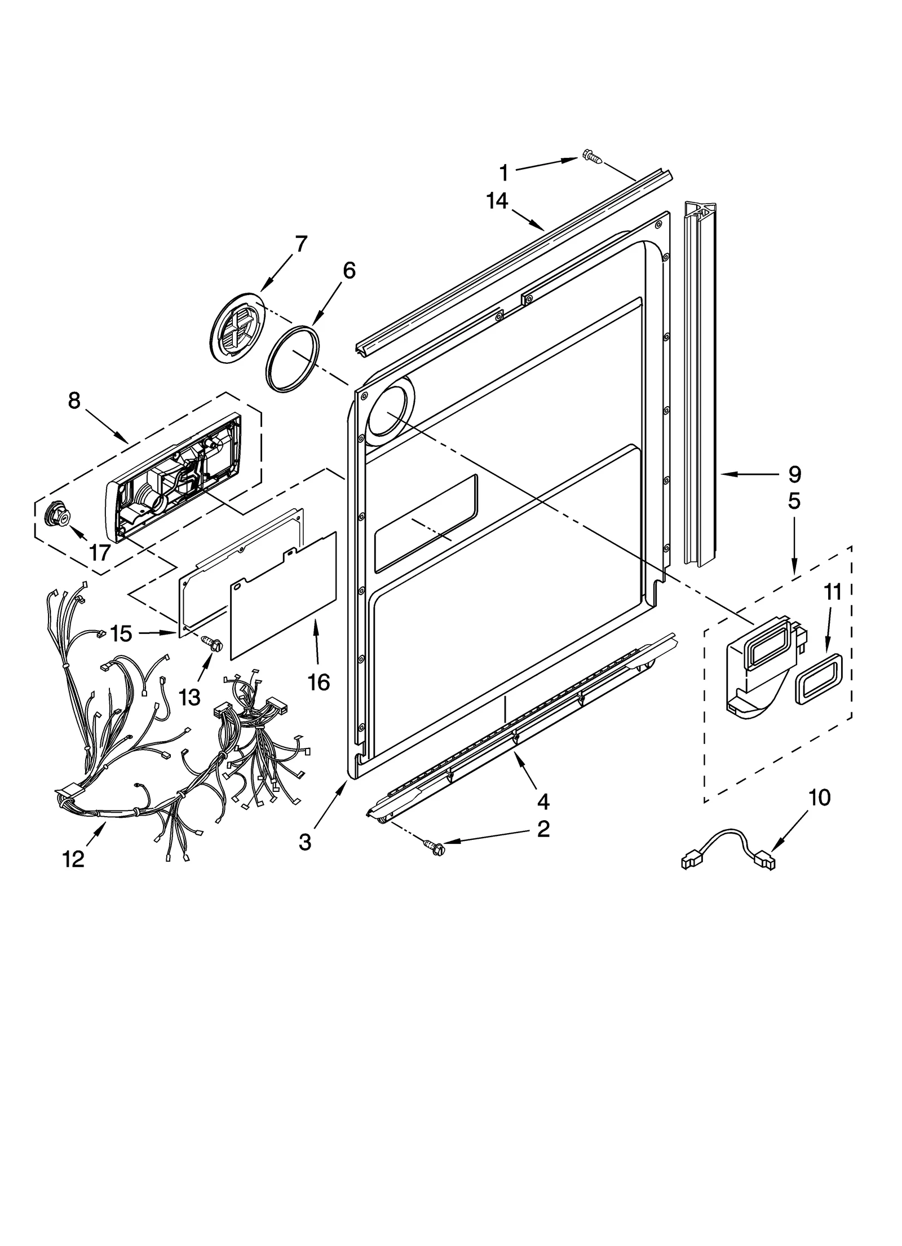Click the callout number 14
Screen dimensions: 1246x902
coord(497,201)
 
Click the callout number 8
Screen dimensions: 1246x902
coord(74,400)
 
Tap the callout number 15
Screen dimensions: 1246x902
coord(121,633)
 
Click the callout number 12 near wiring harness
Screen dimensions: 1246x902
coord(74,859)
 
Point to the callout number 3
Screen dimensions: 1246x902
coord(304,843)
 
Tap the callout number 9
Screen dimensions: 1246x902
coord(794,474)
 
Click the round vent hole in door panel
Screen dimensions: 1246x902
coord(390,412)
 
